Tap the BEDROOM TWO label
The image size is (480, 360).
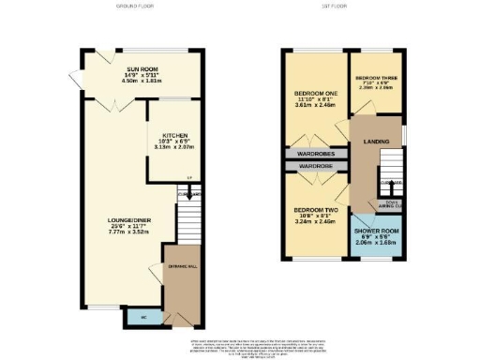point(314,209)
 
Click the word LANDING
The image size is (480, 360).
point(375,142)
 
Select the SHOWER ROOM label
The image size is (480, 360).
point(377,234)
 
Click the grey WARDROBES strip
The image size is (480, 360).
point(317,153)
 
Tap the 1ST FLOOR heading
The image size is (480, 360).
point(341,6)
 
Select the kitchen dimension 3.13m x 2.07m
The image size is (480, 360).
point(175,147)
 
